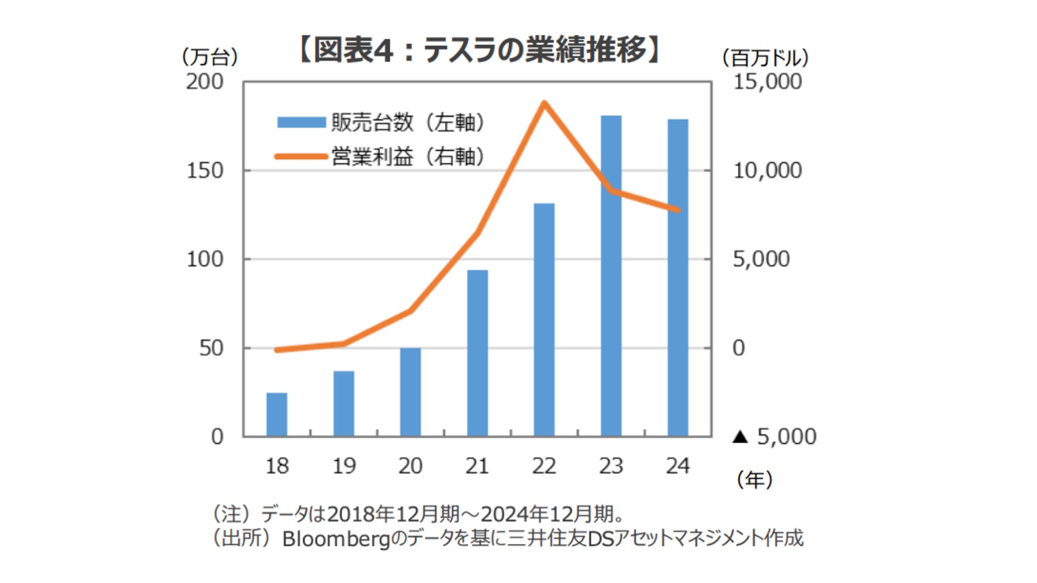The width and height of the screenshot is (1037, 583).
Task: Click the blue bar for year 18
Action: (277, 414)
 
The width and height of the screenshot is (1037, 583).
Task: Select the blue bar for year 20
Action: (410, 392)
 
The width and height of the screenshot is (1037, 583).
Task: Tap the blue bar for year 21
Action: (477, 353)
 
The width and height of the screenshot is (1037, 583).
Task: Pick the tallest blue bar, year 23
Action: (611, 276)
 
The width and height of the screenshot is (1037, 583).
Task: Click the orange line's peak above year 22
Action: (544, 103)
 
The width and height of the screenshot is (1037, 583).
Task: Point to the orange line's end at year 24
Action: (677, 210)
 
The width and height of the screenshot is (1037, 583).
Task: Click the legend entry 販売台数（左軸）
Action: (380, 123)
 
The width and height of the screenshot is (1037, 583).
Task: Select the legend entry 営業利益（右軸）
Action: (380, 157)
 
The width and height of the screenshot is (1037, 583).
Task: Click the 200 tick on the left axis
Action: (205, 82)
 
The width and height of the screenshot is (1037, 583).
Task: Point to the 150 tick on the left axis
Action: (205, 171)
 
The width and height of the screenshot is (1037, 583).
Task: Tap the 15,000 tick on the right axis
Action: (768, 82)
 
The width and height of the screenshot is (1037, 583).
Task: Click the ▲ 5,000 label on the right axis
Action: (774, 437)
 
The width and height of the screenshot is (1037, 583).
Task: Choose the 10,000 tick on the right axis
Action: (768, 171)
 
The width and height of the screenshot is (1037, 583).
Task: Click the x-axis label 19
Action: (343, 466)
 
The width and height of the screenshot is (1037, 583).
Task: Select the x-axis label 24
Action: (677, 466)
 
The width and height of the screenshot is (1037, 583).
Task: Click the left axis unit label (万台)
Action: (209, 57)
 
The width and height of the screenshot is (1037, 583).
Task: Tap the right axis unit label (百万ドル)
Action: (765, 58)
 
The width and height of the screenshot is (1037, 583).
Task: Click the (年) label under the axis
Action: (754, 480)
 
